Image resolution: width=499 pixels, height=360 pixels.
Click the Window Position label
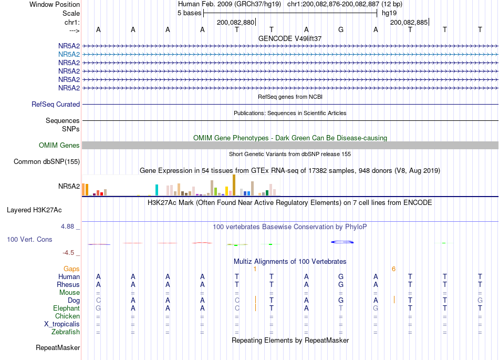pyautogui.click(x=55, y=4)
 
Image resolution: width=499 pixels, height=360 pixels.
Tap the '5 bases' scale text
pyautogui.click(x=189, y=13)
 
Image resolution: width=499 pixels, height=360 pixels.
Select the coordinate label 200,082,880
pyautogui.click(x=235, y=22)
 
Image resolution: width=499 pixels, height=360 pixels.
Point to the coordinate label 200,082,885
pyautogui.click(x=409, y=22)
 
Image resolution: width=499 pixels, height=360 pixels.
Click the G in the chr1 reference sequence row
pyautogui.click(x=341, y=29)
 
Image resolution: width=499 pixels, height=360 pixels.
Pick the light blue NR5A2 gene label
pyautogui.click(x=69, y=55)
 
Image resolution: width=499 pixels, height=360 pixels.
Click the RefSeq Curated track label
pyautogui.click(x=56, y=104)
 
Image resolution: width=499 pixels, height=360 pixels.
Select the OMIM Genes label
pyautogui.click(x=59, y=145)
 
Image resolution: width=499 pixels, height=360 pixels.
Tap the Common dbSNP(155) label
pyautogui.click(x=47, y=162)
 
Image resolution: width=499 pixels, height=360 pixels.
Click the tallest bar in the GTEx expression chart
pyautogui.click(x=234, y=185)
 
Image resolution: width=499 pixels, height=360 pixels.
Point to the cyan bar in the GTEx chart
pyautogui.click(x=157, y=190)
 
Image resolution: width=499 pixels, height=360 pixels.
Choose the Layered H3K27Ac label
pyautogui.click(x=34, y=210)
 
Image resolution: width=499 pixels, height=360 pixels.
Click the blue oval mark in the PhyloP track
pyautogui.click(x=342, y=242)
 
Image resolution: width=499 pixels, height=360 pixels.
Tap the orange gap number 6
pyautogui.click(x=393, y=269)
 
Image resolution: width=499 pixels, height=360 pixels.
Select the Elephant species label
pyautogui.click(x=67, y=308)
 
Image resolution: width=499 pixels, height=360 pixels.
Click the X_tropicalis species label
pyautogui.click(x=62, y=324)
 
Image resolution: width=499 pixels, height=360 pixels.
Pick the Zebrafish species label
pyautogui.click(x=66, y=332)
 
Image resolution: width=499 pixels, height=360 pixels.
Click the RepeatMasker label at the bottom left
pyautogui.click(x=58, y=347)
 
